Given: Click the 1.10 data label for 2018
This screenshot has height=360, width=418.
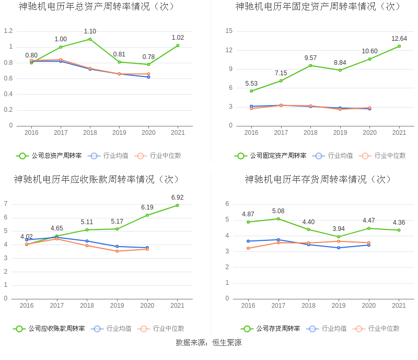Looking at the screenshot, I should point(90,31).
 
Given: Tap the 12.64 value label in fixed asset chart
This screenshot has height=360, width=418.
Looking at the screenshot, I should point(399,39).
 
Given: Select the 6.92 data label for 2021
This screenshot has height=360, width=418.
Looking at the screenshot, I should point(177,198).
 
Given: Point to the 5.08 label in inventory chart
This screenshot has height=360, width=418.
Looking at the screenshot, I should point(278,211).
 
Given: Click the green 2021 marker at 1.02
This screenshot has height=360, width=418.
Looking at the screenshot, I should point(178,45).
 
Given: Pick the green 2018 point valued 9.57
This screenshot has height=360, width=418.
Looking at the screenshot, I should point(310,65).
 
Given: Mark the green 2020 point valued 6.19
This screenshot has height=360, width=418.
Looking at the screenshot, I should point(147,215).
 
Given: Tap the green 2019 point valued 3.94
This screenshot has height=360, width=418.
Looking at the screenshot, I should point(339,237).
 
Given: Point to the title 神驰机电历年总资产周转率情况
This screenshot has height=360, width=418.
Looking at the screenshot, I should point(96,7).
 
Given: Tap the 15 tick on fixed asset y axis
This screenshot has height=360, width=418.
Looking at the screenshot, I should point(229,31).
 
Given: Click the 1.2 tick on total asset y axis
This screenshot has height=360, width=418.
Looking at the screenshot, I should point(8,31).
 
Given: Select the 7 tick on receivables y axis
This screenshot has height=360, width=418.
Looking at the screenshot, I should point(6,204).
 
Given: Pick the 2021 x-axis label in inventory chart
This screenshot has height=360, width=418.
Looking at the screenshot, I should point(399,306).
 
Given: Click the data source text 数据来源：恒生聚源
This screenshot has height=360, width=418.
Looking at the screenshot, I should point(208,343).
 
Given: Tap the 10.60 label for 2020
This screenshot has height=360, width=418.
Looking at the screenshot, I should point(369,51).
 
